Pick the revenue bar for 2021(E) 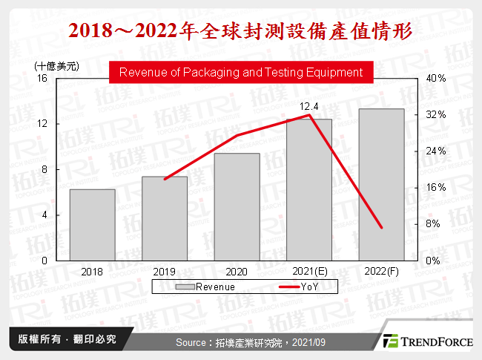pos(309,189)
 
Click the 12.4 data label pos(308,107)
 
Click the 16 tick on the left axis pos(42,78)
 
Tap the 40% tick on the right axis pos(436,78)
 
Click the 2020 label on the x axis pos(237,272)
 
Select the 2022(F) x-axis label pos(381,272)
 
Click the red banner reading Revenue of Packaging pos(240,73)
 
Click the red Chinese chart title pos(240,32)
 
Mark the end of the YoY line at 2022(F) pos(381,227)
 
